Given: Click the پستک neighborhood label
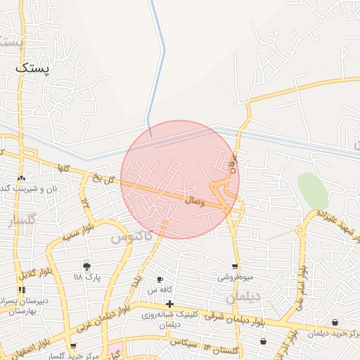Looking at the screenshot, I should (x=33, y=69).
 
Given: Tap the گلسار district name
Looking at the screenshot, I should (x=21, y=224).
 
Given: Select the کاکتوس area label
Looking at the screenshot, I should (x=131, y=238).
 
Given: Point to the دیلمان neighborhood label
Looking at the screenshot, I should (x=243, y=298).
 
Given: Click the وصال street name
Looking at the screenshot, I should (x=194, y=200).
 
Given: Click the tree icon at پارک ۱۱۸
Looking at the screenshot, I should (x=86, y=266).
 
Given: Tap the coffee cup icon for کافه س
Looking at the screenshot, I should (x=160, y=279).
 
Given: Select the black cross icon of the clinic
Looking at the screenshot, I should (x=169, y=304).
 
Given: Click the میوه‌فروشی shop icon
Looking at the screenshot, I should (x=235, y=266).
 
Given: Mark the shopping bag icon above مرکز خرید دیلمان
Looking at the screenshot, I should (x=334, y=323).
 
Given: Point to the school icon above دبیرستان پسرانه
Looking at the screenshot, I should (x=22, y=290).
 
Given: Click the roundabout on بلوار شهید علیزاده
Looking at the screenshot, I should (x=300, y=229).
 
